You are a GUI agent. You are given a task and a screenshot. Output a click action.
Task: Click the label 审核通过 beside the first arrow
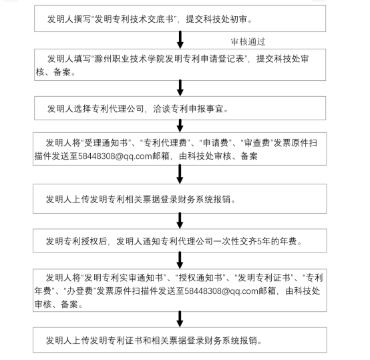[248, 42]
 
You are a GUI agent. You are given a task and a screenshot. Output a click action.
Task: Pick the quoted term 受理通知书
[106, 143]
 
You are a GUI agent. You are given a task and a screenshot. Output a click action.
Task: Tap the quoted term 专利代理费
[165, 143]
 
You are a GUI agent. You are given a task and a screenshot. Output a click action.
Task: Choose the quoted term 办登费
[79, 291]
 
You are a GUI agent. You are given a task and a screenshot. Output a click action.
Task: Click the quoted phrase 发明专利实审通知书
[124, 278]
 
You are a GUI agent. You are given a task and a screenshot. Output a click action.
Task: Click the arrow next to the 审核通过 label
[180, 40]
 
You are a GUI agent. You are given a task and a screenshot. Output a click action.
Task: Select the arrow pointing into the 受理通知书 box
[180, 126]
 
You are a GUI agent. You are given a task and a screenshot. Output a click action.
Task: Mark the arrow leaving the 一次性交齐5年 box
[180, 260]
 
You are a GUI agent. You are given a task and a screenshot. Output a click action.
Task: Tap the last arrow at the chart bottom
[180, 319]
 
